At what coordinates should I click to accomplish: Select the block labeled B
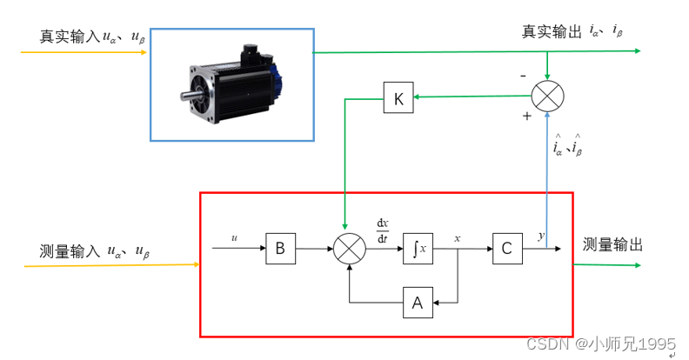(x=280, y=248)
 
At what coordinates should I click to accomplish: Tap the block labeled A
(x=417, y=303)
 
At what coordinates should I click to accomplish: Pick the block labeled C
(x=505, y=248)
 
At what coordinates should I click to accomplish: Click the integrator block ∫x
(x=417, y=248)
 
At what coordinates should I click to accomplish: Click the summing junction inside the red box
(x=348, y=249)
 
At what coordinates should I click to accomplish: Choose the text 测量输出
(x=612, y=246)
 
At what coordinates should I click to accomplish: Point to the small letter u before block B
(x=234, y=236)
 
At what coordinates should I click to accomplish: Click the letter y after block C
(x=540, y=236)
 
